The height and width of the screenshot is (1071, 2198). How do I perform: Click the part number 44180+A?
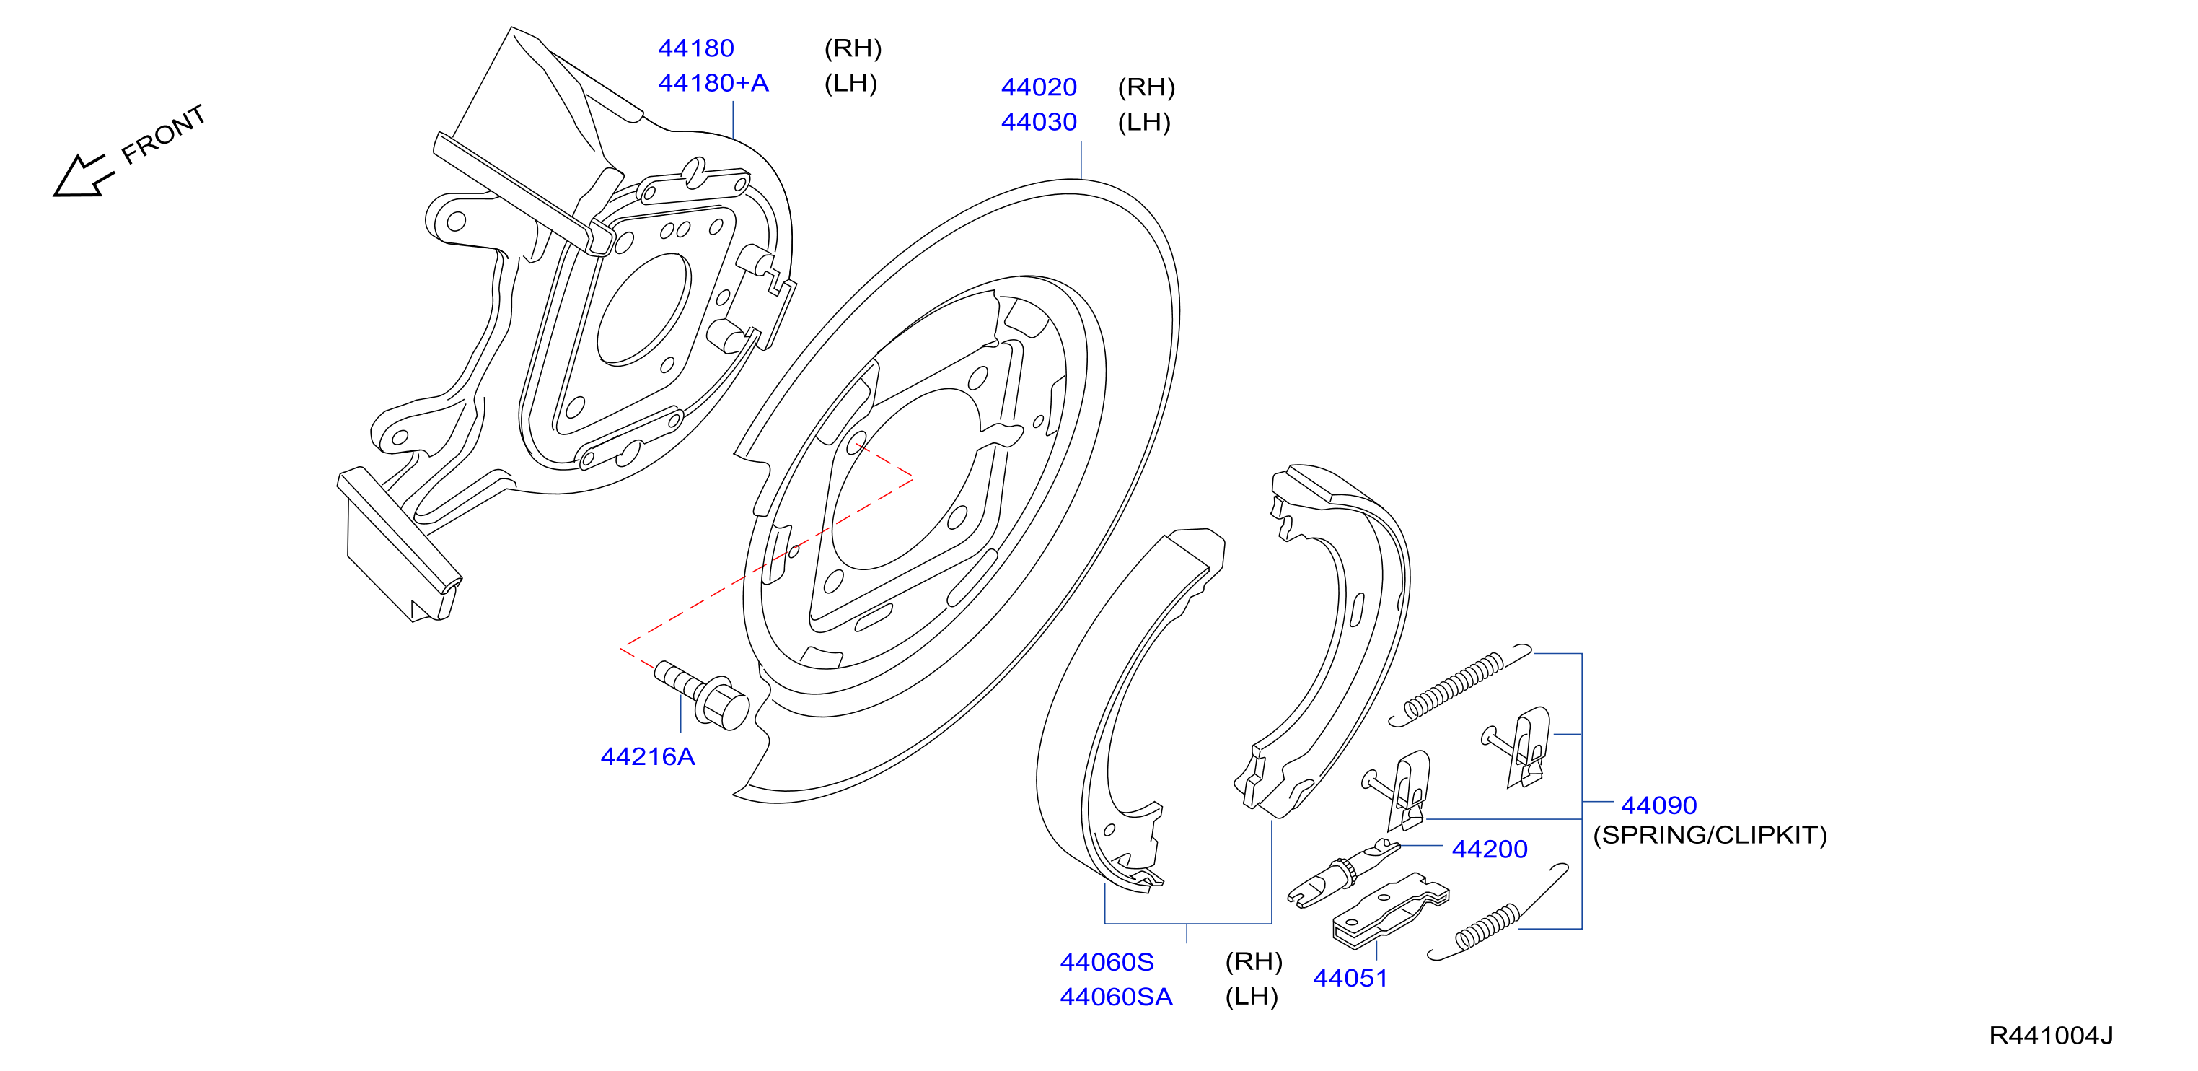713,83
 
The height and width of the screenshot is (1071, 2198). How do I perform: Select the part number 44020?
1039,87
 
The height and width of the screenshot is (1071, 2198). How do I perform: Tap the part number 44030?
1039,122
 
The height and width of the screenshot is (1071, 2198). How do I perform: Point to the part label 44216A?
648,756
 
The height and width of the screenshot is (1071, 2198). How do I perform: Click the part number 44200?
1489,849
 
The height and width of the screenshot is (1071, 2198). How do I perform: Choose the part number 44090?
1658,805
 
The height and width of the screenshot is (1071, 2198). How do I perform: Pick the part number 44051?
1350,978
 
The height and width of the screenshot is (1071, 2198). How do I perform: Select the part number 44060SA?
1116,997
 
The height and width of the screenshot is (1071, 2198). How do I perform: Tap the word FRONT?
163,135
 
